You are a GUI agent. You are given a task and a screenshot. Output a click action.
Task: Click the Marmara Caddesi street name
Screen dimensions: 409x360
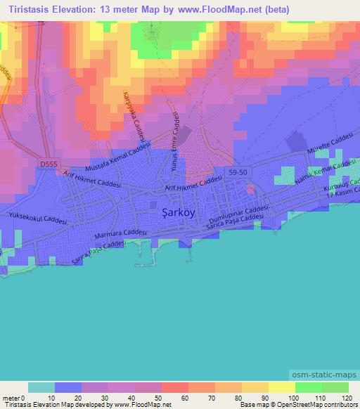tap(120, 235)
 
